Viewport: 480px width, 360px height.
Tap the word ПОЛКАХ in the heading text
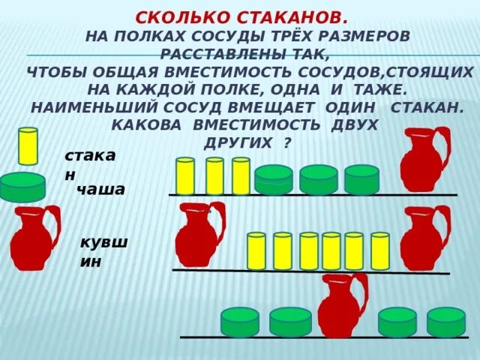point(147,36)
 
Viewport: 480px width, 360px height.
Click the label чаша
point(101,190)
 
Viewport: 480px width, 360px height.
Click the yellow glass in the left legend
point(28,146)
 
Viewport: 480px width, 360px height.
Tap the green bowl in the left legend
point(22,187)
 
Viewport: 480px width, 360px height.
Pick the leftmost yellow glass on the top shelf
point(185,176)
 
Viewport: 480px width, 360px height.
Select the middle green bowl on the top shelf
point(318,180)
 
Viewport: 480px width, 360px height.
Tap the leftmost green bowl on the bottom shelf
point(240,322)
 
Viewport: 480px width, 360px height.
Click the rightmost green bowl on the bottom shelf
point(446,322)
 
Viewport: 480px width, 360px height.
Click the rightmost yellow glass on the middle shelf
point(379,251)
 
